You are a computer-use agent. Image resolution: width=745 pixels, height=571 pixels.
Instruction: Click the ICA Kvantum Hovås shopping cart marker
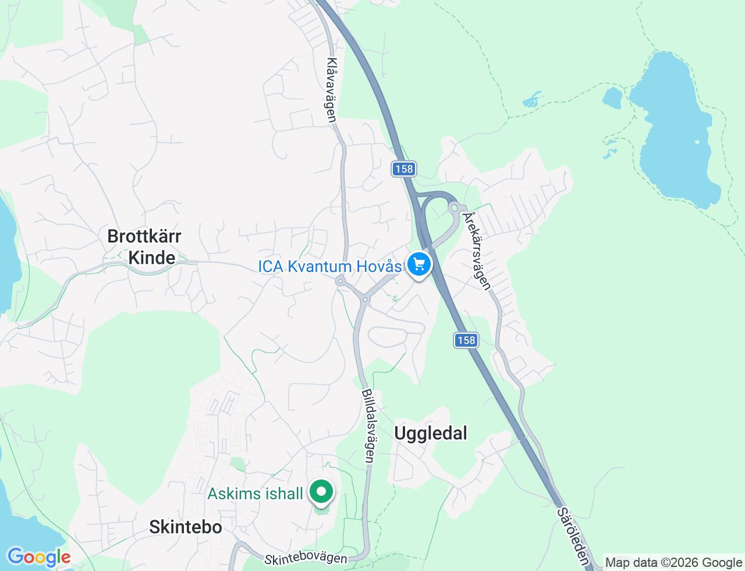418,265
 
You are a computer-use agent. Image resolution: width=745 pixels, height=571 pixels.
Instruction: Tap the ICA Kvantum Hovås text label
330,267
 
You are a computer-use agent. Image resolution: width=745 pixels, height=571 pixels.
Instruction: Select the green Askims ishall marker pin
321,491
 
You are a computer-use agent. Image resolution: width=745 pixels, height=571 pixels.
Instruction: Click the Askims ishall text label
256,494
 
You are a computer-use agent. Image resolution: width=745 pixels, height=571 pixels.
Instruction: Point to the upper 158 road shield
403,169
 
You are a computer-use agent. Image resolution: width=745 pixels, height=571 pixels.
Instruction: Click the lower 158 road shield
466,340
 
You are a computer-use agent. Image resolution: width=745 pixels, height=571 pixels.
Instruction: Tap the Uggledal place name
431,433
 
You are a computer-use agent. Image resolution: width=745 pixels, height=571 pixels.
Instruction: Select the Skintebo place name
186,527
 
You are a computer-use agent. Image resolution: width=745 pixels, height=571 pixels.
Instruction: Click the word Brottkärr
144,236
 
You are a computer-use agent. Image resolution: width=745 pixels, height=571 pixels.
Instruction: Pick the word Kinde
151,258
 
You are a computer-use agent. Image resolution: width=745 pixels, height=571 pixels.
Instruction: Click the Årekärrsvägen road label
477,251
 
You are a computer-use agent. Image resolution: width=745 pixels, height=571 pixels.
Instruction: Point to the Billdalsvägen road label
368,426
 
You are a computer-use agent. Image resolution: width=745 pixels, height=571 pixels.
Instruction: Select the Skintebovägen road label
306,558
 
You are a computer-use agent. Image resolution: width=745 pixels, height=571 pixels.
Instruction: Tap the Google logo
38,558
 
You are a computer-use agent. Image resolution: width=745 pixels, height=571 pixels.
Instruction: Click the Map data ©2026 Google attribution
673,563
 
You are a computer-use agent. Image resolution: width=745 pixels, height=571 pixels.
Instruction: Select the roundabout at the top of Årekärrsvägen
455,207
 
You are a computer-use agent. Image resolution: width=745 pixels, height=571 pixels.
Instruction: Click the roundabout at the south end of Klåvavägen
340,281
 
